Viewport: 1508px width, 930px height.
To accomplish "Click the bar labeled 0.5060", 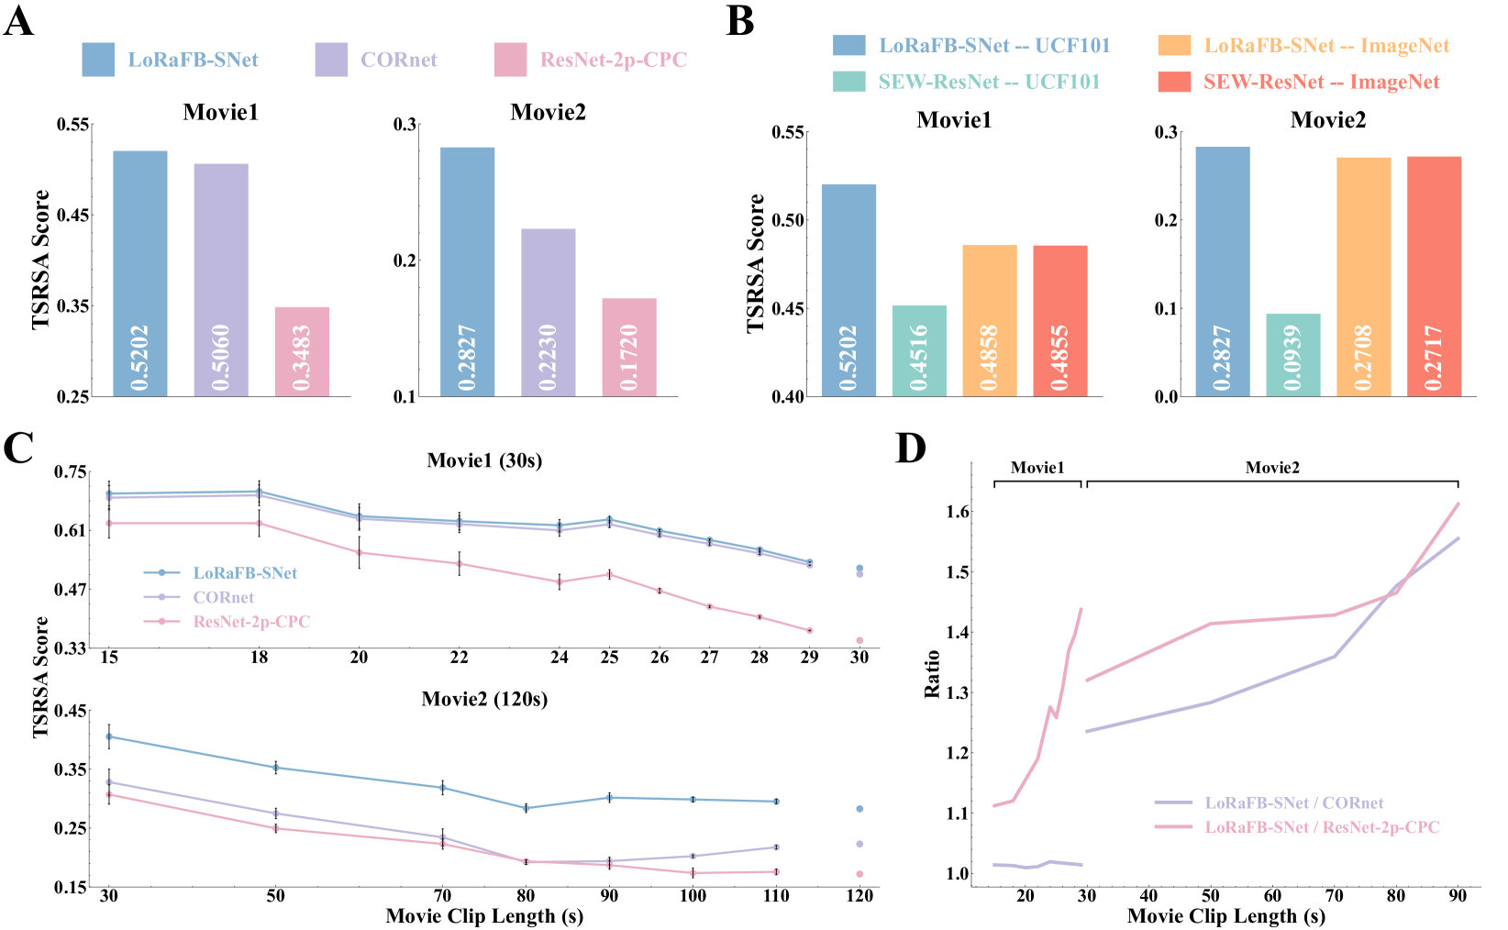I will pyautogui.click(x=221, y=280).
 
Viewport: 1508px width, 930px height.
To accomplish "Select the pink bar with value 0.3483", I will pyautogui.click(x=302, y=351).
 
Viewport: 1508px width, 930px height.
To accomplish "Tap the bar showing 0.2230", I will pyautogui.click(x=549, y=312).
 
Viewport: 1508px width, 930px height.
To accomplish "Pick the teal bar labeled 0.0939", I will pyautogui.click(x=1293, y=355).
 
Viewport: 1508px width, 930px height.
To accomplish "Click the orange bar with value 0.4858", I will pyautogui.click(x=990, y=320).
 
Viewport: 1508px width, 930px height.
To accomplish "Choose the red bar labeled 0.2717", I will pyautogui.click(x=1435, y=276).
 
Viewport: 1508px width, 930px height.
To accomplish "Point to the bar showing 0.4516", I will pyautogui.click(x=919, y=350).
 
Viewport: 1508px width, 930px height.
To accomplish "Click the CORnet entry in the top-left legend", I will pyautogui.click(x=398, y=61).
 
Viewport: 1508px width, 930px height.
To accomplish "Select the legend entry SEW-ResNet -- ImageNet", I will pyautogui.click(x=1321, y=83).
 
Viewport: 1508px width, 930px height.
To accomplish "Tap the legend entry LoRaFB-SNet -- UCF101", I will pyautogui.click(x=994, y=46).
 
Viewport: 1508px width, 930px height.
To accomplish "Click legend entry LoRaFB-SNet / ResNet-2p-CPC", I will pyautogui.click(x=1322, y=827).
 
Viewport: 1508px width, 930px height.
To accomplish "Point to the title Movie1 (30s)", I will pyautogui.click(x=484, y=460).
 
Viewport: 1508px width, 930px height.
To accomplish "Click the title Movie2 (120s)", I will pyautogui.click(x=484, y=700).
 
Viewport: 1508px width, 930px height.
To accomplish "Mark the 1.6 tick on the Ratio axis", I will pyautogui.click(x=959, y=512).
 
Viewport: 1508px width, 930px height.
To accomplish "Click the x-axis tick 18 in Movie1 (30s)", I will pyautogui.click(x=260, y=658).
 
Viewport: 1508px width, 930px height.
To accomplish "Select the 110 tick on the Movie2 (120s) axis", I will pyautogui.click(x=776, y=896).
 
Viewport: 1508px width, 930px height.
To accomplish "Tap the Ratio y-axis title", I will pyautogui.click(x=933, y=674).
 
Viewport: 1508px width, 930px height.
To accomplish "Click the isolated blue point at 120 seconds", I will pyautogui.click(x=859, y=809).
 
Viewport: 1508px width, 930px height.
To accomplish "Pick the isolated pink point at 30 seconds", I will pyautogui.click(x=859, y=640).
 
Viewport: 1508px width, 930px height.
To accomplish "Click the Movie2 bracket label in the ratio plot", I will pyautogui.click(x=1272, y=468).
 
